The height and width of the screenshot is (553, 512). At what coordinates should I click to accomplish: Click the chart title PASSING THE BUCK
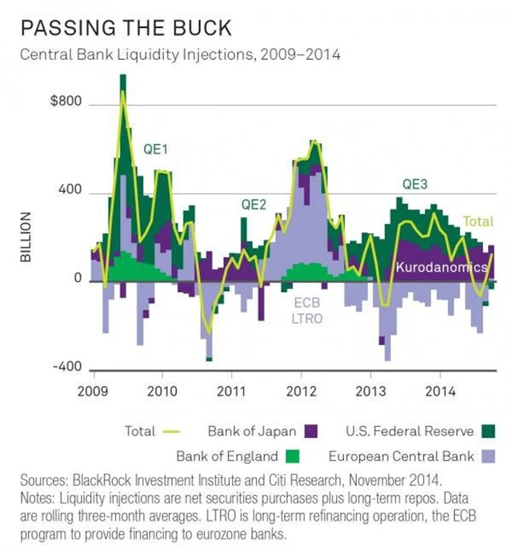[x=126, y=29]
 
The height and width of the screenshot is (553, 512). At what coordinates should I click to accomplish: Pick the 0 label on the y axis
[x=78, y=280]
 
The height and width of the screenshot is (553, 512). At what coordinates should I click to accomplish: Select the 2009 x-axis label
[x=94, y=393]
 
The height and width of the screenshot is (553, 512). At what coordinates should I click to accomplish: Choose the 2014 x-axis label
[x=439, y=393]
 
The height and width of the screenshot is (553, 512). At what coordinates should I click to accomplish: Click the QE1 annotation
[x=155, y=149]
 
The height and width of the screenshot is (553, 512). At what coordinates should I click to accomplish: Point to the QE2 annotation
[x=254, y=205]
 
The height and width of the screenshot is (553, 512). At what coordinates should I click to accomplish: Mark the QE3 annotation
[x=414, y=185]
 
